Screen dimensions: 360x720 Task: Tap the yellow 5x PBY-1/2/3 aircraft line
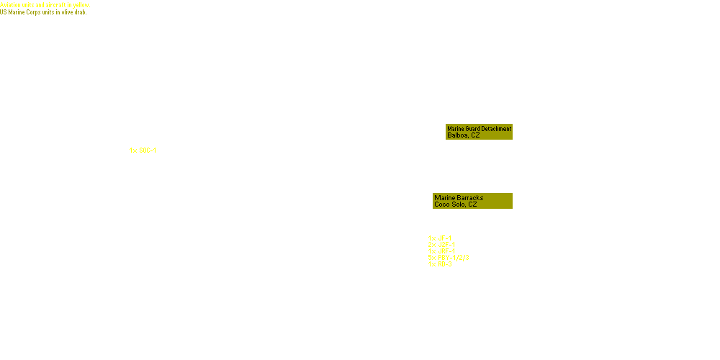(x=449, y=257)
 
